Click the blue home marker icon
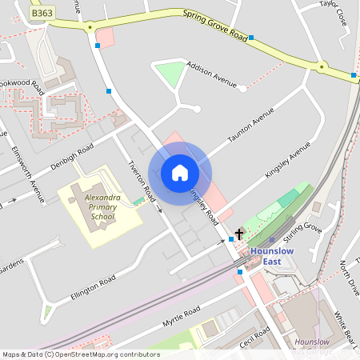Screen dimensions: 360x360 point(180,172)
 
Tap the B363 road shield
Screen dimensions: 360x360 point(40,14)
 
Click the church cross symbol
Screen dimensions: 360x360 point(238,234)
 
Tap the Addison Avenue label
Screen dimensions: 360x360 point(212,73)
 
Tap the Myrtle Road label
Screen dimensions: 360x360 point(181,318)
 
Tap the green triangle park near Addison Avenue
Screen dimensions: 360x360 point(170,75)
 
